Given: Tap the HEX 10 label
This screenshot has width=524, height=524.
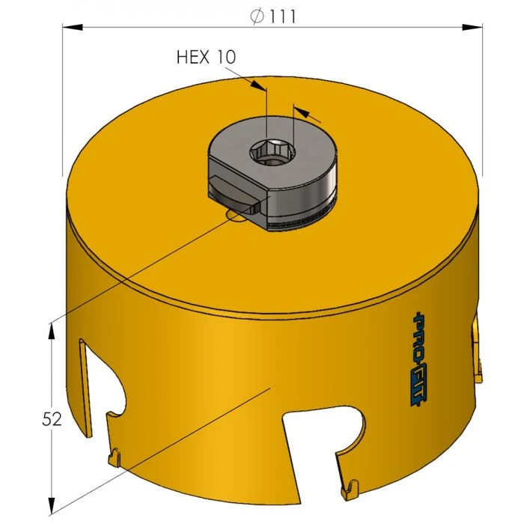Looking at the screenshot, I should click(x=206, y=57).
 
